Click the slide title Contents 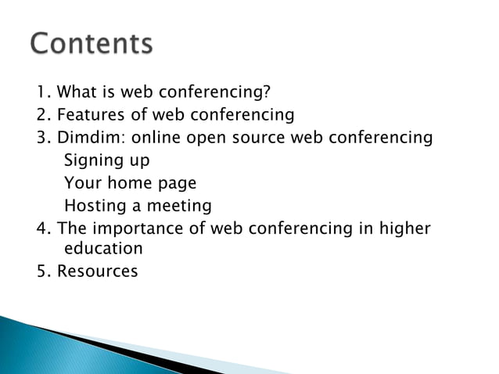point(92,44)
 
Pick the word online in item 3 point(157,138)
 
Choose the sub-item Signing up point(106,161)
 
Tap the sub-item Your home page point(130,184)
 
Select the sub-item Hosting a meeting point(138,207)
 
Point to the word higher point(404,229)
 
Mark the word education point(103,250)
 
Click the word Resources point(98,272)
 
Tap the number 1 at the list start point(41,94)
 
